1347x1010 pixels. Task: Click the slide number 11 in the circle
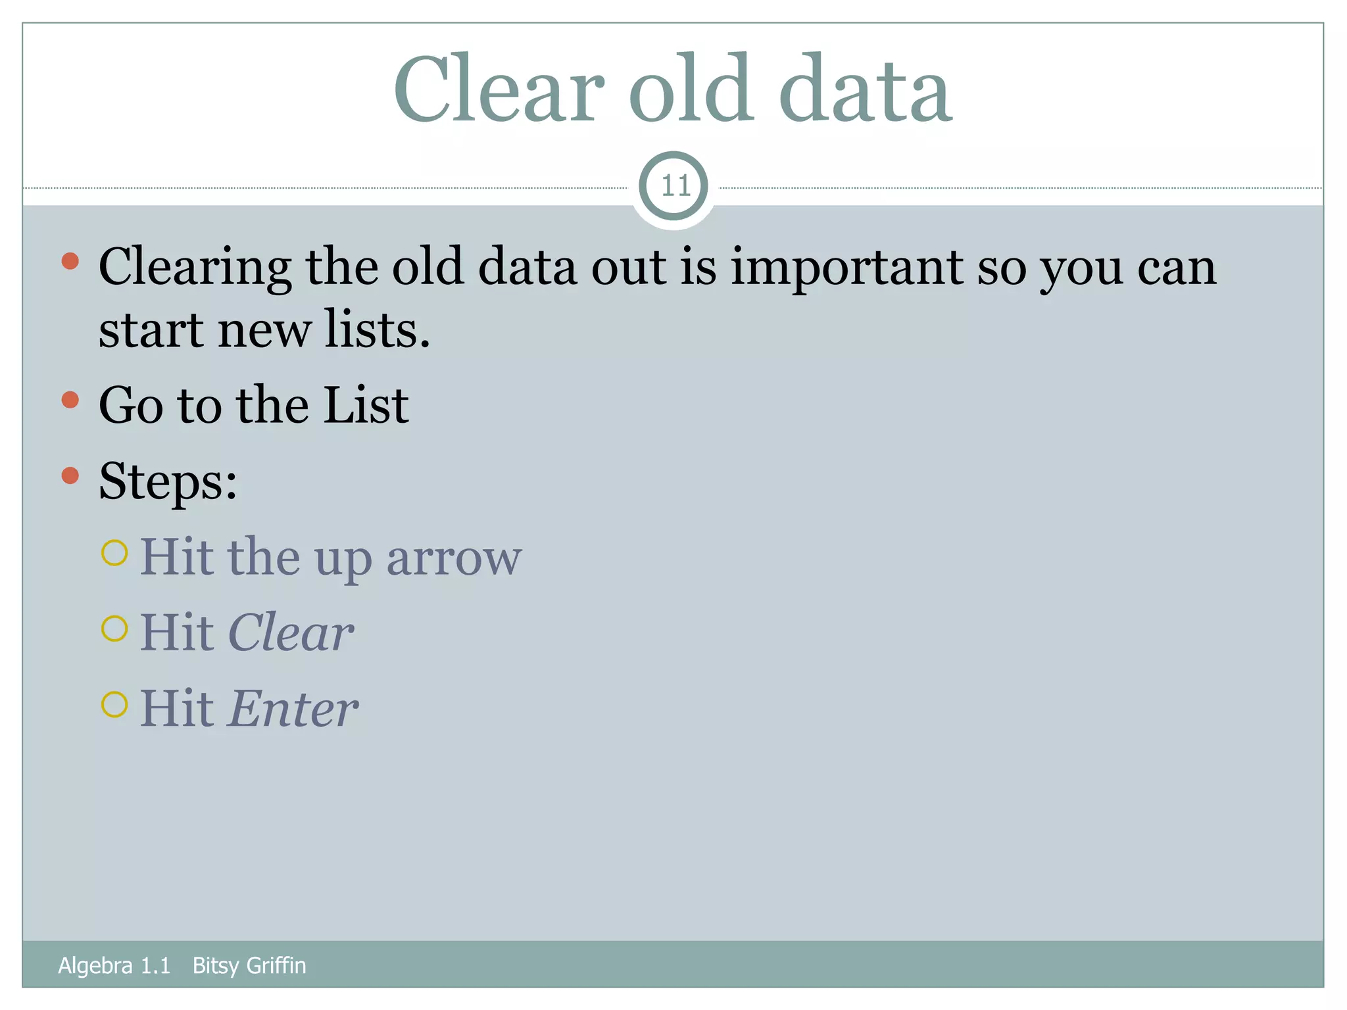674,186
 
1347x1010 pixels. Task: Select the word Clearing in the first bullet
195,268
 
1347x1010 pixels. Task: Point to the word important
846,268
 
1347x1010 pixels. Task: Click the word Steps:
168,481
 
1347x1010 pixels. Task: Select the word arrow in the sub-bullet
454,558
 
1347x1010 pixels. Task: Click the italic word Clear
291,633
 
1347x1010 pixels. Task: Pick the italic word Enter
293,709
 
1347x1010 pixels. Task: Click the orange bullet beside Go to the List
70,400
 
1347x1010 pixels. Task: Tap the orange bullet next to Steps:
70,475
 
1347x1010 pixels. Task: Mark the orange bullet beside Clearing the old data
70,262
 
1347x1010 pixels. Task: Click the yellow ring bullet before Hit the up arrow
114,553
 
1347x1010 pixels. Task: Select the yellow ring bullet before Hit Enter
114,705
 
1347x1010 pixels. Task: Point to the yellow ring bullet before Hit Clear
114,629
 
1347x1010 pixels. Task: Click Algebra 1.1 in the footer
114,965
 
